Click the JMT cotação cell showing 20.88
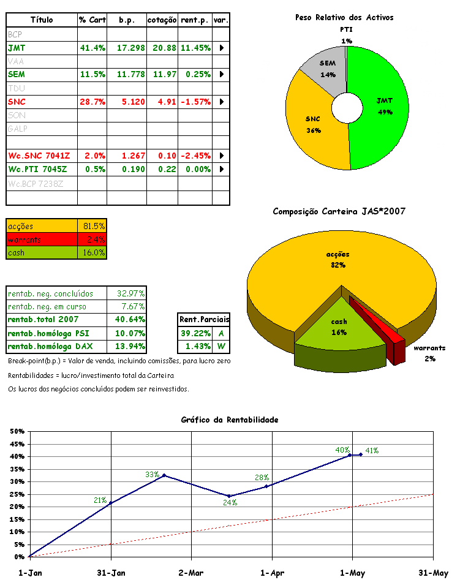click(x=162, y=47)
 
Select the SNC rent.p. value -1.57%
click(x=195, y=101)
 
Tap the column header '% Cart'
click(x=92, y=20)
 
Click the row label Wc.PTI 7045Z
click(x=37, y=168)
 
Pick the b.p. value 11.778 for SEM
click(x=127, y=74)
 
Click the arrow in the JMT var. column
click(x=221, y=47)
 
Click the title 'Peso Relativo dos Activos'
click(x=344, y=18)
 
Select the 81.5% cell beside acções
click(x=94, y=225)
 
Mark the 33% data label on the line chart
click(x=152, y=475)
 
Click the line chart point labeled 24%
click(x=229, y=496)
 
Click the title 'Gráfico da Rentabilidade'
click(x=230, y=420)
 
